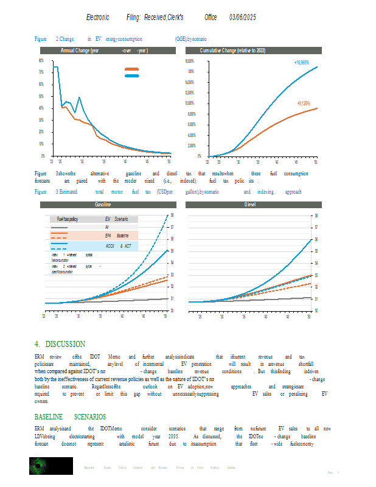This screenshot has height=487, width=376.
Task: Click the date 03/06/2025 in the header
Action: pyautogui.click(x=243, y=19)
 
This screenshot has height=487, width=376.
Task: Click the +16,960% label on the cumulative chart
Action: pyautogui.click(x=301, y=63)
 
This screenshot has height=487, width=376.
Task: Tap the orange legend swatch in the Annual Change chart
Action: pyautogui.click(x=131, y=70)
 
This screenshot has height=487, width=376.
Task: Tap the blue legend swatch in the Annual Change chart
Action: pyautogui.click(x=131, y=75)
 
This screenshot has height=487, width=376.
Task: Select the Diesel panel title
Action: pyautogui.click(x=249, y=206)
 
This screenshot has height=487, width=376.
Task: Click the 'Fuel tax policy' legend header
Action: pyautogui.click(x=67, y=219)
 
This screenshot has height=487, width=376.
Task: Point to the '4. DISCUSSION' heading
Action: pyautogui.click(x=60, y=344)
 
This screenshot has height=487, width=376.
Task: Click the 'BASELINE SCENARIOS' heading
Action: pyautogui.click(x=70, y=417)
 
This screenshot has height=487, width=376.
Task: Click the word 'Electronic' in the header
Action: pyautogui.click(x=99, y=19)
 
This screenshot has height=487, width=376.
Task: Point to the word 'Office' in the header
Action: pyautogui.click(x=211, y=19)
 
